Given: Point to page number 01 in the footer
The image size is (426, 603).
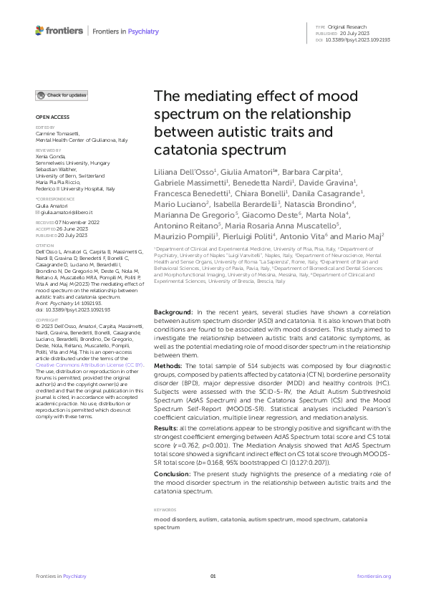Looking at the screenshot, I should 213,576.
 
